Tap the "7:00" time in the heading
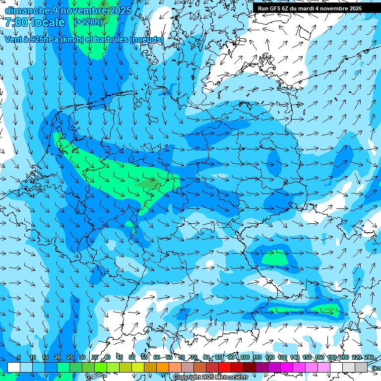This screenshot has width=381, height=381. (16, 22)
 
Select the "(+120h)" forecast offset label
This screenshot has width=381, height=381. (88, 22)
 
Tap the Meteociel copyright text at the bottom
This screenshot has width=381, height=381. (210, 378)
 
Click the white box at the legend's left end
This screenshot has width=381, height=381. (14, 367)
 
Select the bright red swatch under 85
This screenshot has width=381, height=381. (225, 367)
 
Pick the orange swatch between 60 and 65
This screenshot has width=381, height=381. (163, 367)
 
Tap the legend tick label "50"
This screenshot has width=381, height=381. (132, 357)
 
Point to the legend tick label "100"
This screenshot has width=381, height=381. (245, 357)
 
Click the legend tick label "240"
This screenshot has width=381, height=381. (369, 357)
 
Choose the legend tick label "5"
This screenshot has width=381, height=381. (19, 357)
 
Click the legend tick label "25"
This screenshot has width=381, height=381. (70, 357)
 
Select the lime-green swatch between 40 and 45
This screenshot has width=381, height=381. (113, 367)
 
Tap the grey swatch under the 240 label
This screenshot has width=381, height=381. (361, 367)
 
